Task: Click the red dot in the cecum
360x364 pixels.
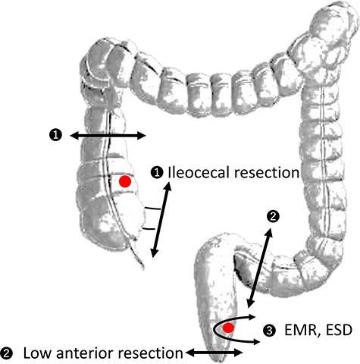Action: tap(125, 181)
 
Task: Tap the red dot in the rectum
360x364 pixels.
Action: tap(227, 328)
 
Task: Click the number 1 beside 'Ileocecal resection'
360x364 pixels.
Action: tap(157, 173)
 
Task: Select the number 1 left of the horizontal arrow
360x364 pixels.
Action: tap(55, 135)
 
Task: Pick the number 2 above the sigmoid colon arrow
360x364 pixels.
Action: tap(274, 216)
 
